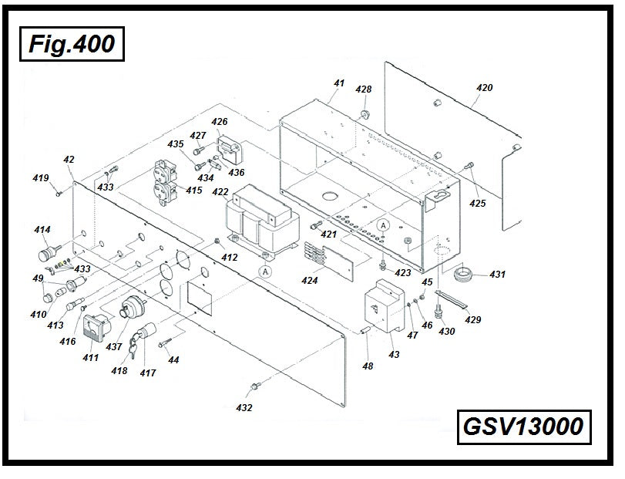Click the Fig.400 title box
pos(71,43)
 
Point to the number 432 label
pos(244,407)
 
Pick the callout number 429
pos(472,319)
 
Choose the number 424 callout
pos(309,281)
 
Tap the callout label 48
pos(368,366)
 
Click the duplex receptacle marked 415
pos(167,179)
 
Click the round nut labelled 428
pos(365,114)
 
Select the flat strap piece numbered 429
pos(452,301)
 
